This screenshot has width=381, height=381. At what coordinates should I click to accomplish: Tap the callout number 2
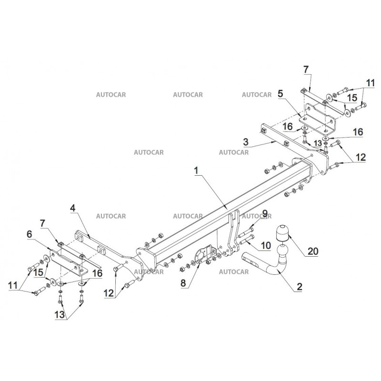[299, 286]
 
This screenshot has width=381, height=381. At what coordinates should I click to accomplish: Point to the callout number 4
[72, 208]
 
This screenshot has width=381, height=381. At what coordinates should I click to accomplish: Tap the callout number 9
[265, 212]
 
